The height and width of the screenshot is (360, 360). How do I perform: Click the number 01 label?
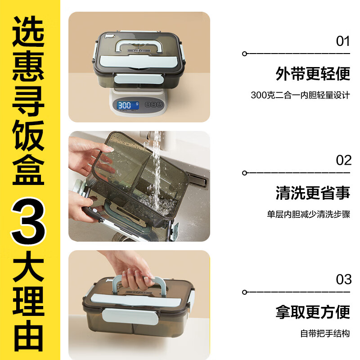(343, 41)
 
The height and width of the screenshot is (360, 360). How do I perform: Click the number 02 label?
(343, 160)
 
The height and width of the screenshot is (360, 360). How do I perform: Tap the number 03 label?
(343, 279)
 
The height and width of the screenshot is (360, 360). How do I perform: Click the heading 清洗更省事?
(313, 193)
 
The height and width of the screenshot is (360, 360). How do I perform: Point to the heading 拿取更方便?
(313, 312)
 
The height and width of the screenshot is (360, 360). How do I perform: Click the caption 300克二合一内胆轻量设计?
(300, 95)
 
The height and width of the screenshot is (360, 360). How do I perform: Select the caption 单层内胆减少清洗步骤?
(308, 214)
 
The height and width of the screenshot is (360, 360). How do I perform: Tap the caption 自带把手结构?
(325, 333)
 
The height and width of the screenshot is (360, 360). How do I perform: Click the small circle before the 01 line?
(244, 54)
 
